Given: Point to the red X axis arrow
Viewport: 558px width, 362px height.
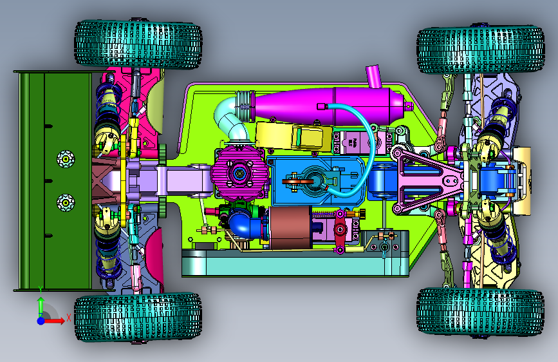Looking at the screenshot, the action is pyautogui.click(x=53, y=321).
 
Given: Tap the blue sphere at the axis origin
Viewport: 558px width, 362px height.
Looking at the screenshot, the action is pyautogui.click(x=41, y=321).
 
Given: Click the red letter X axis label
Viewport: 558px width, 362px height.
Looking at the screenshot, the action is pyautogui.click(x=69, y=318).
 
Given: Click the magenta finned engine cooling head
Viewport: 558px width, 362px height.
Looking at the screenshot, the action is pyautogui.click(x=239, y=173).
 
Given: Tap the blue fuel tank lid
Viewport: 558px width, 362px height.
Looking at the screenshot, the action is pyautogui.click(x=317, y=181).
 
